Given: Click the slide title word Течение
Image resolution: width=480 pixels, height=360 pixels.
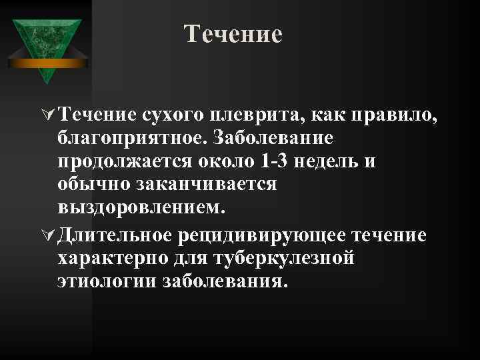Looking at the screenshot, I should click(233, 34).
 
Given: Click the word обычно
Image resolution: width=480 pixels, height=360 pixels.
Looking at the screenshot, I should click(90, 187).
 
